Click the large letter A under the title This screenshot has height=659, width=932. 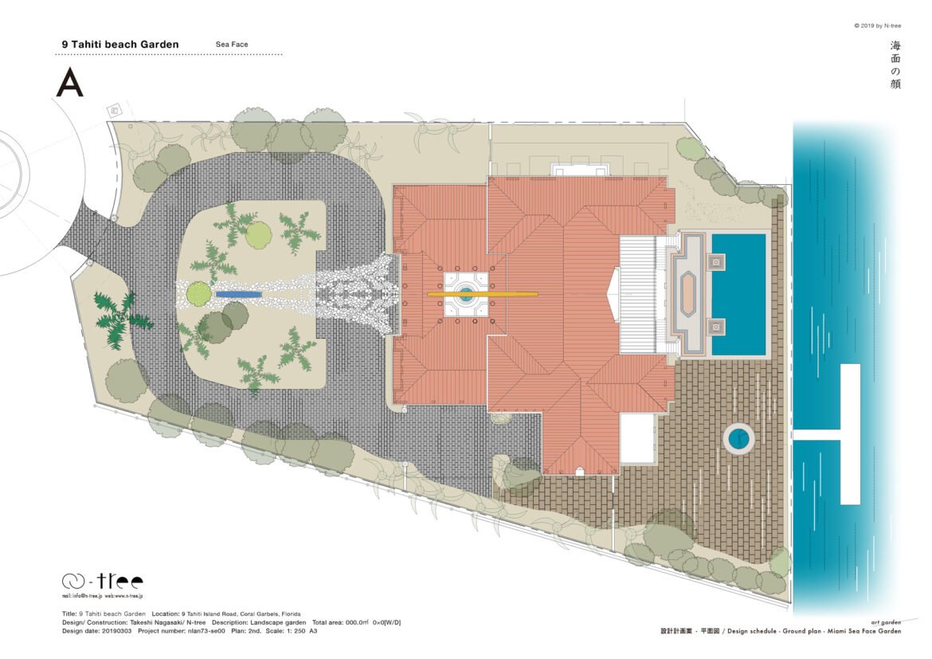click(x=69, y=82)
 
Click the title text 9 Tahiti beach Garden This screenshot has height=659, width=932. click(x=119, y=45)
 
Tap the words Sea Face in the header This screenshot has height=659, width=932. click(x=232, y=45)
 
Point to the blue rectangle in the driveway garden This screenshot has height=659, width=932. click(x=239, y=294)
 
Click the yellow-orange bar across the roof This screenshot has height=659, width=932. click(x=483, y=294)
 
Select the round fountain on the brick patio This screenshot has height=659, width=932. click(x=738, y=437)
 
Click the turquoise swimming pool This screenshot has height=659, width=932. click(x=738, y=293)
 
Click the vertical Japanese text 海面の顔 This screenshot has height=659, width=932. click(x=895, y=65)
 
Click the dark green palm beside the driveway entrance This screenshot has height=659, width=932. click(x=120, y=319)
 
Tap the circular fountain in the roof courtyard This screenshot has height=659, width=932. click(x=465, y=294)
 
